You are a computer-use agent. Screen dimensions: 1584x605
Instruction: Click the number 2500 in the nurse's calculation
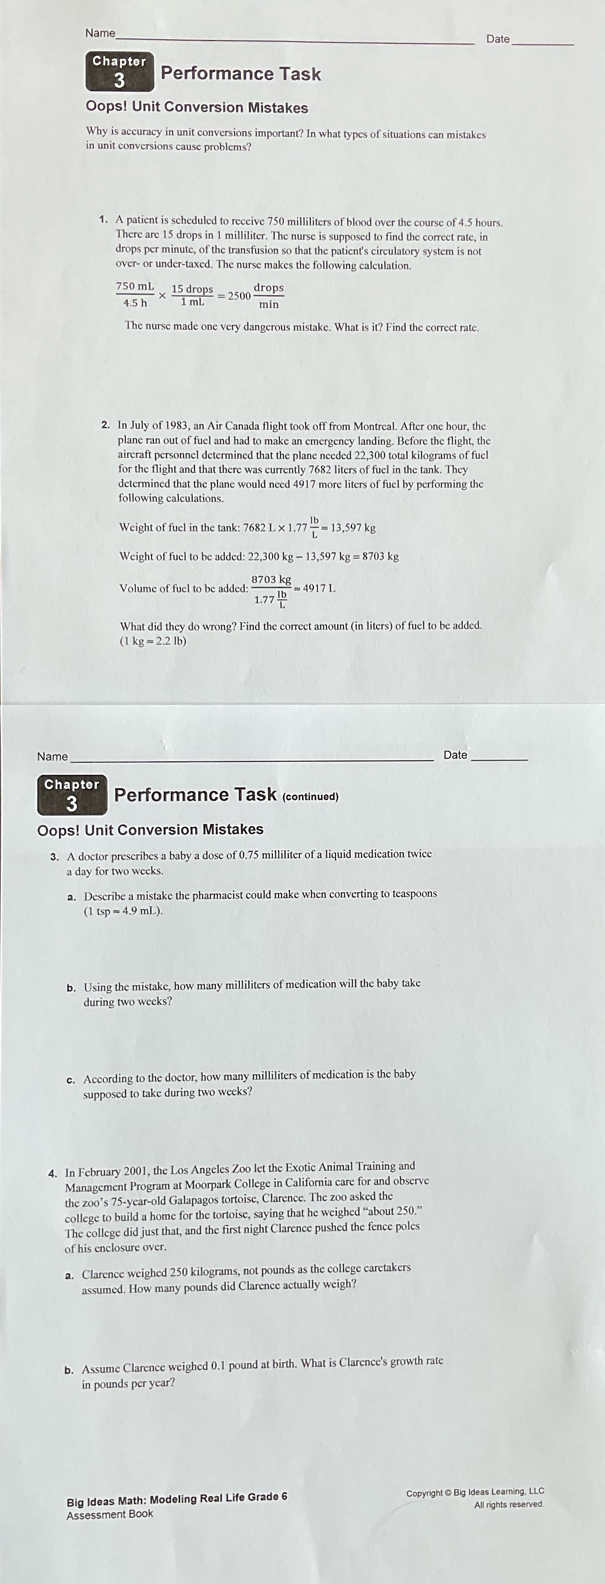click(239, 296)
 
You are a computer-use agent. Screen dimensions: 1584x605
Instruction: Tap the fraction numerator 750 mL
click(135, 287)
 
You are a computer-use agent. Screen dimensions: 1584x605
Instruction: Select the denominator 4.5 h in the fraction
click(135, 303)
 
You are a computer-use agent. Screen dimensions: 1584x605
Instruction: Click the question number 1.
click(103, 219)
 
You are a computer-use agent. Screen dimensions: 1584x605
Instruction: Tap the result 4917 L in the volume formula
click(319, 588)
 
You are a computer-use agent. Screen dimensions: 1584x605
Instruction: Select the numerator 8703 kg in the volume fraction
click(271, 580)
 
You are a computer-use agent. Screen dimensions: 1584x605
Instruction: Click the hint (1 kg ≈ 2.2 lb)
click(153, 641)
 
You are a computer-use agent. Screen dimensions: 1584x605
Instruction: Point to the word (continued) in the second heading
click(310, 797)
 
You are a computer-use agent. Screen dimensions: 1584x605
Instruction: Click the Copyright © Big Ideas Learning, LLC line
click(475, 1492)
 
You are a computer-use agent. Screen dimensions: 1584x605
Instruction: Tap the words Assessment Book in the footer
click(109, 1514)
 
